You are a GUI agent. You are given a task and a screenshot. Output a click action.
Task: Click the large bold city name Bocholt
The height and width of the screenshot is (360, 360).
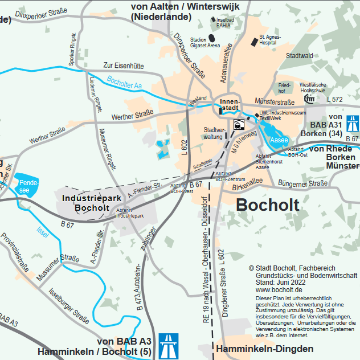pos(267,205)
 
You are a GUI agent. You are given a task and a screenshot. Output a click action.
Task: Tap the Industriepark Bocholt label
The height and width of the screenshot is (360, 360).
pos(92,202)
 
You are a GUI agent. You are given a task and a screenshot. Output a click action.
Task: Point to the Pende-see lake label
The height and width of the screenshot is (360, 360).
pos(25,186)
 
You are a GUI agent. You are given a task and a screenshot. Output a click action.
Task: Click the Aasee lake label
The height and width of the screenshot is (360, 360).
pos(279,140)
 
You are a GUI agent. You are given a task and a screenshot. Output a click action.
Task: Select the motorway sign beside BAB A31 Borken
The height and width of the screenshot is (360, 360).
pos(353,122)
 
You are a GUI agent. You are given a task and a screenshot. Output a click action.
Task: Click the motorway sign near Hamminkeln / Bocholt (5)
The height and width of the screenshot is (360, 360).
pos(168,345)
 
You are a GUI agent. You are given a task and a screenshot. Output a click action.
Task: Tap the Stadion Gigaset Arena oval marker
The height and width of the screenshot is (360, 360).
pos(212,38)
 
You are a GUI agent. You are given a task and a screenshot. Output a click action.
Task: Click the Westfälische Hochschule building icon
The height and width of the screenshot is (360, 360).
pos(309,99)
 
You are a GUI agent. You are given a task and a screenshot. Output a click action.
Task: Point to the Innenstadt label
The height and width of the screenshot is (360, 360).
pos(230,104)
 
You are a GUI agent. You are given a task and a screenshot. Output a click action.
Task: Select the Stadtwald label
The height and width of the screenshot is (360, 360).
pos(300,56)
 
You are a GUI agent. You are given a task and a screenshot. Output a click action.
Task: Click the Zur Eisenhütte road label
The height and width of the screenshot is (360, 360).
pos(124,66)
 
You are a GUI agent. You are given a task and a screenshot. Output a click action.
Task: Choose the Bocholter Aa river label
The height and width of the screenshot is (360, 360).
pos(124,83)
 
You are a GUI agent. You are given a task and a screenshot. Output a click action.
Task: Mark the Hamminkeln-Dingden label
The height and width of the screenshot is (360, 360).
pos(265,349)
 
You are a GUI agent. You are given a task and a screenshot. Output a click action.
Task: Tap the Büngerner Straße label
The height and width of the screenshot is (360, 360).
pos(302,183)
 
